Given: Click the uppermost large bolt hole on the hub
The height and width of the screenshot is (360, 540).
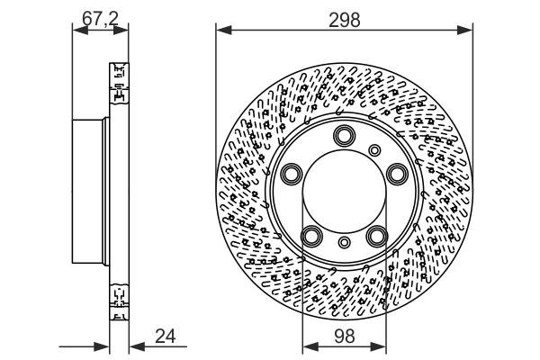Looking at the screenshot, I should pos(343,137).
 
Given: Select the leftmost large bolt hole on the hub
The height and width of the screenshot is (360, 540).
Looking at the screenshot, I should pos(291,174).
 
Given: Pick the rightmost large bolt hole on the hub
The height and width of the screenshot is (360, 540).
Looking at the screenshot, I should pos(395,174).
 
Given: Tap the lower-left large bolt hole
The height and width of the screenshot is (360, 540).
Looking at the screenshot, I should pos(310,236).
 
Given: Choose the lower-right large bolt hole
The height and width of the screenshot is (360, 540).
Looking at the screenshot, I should pos(375,236).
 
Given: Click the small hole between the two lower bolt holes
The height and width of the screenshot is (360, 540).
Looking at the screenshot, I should pos(343,242).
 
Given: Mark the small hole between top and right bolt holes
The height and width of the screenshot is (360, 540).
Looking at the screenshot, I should pos(375,148).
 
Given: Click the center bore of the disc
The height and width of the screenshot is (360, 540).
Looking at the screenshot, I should pos(343,192).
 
